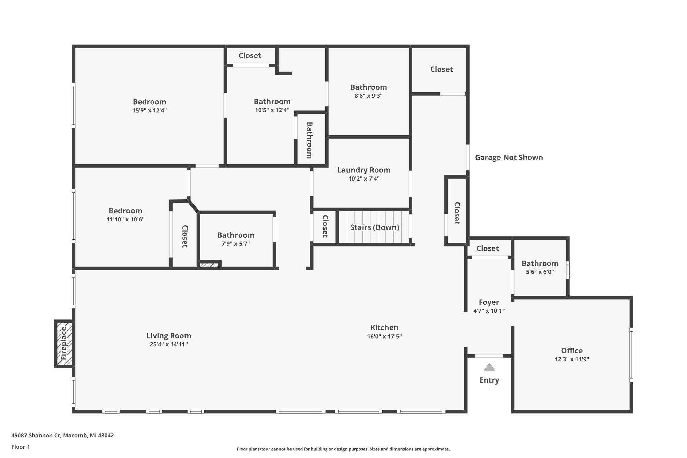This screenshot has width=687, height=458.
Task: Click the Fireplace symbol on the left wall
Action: coord(64,344)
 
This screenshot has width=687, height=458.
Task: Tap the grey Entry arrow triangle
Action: coord(489,367)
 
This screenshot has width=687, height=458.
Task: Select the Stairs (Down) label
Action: coord(374,227)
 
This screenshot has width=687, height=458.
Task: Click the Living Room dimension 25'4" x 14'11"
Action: coord(169,344)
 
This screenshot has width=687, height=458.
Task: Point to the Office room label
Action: coord(572,351)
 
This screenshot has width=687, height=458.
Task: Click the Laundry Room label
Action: coord(364,170)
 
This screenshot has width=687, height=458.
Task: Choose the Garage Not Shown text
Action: coord(509,157)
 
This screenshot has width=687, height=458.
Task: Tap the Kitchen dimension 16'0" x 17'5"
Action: coord(384,337)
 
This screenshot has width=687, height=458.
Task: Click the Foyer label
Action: coord(489,302)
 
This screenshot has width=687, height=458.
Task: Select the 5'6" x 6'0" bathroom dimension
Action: coord(540,272)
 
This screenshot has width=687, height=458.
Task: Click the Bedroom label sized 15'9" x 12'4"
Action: coord(149,102)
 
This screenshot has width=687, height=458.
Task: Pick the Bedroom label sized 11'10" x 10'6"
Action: coord(125,211)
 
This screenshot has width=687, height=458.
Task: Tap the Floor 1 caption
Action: coord(20,447)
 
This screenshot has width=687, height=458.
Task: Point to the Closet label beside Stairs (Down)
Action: coord(325,226)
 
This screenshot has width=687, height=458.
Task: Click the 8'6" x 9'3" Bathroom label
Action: coord(368,87)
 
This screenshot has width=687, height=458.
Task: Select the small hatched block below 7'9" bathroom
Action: coord(209,265)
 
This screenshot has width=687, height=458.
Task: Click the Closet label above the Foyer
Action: coord(487,248)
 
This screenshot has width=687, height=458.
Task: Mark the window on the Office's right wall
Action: coord(631,355)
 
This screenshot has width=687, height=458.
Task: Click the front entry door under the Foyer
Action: coord(489,356)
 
